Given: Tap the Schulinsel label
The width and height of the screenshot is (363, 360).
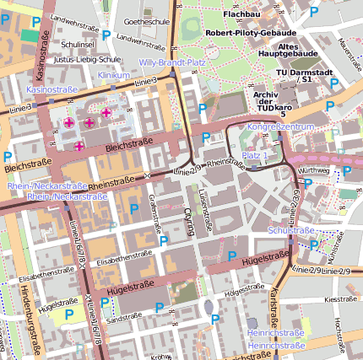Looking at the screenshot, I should [x=78, y=44].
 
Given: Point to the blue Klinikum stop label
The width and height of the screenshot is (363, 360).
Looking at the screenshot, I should [x=114, y=75].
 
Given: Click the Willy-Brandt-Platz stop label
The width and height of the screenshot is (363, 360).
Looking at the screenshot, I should [x=172, y=62].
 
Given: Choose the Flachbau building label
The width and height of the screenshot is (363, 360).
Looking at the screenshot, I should [x=242, y=14].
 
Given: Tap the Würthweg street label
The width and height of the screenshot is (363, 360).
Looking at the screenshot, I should [x=315, y=169].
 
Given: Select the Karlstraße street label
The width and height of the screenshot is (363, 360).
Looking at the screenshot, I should [x=275, y=304].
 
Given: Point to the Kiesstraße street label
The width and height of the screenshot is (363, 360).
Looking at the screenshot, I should [x=340, y=298].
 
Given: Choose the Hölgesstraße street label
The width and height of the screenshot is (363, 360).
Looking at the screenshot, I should [x=245, y=293].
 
